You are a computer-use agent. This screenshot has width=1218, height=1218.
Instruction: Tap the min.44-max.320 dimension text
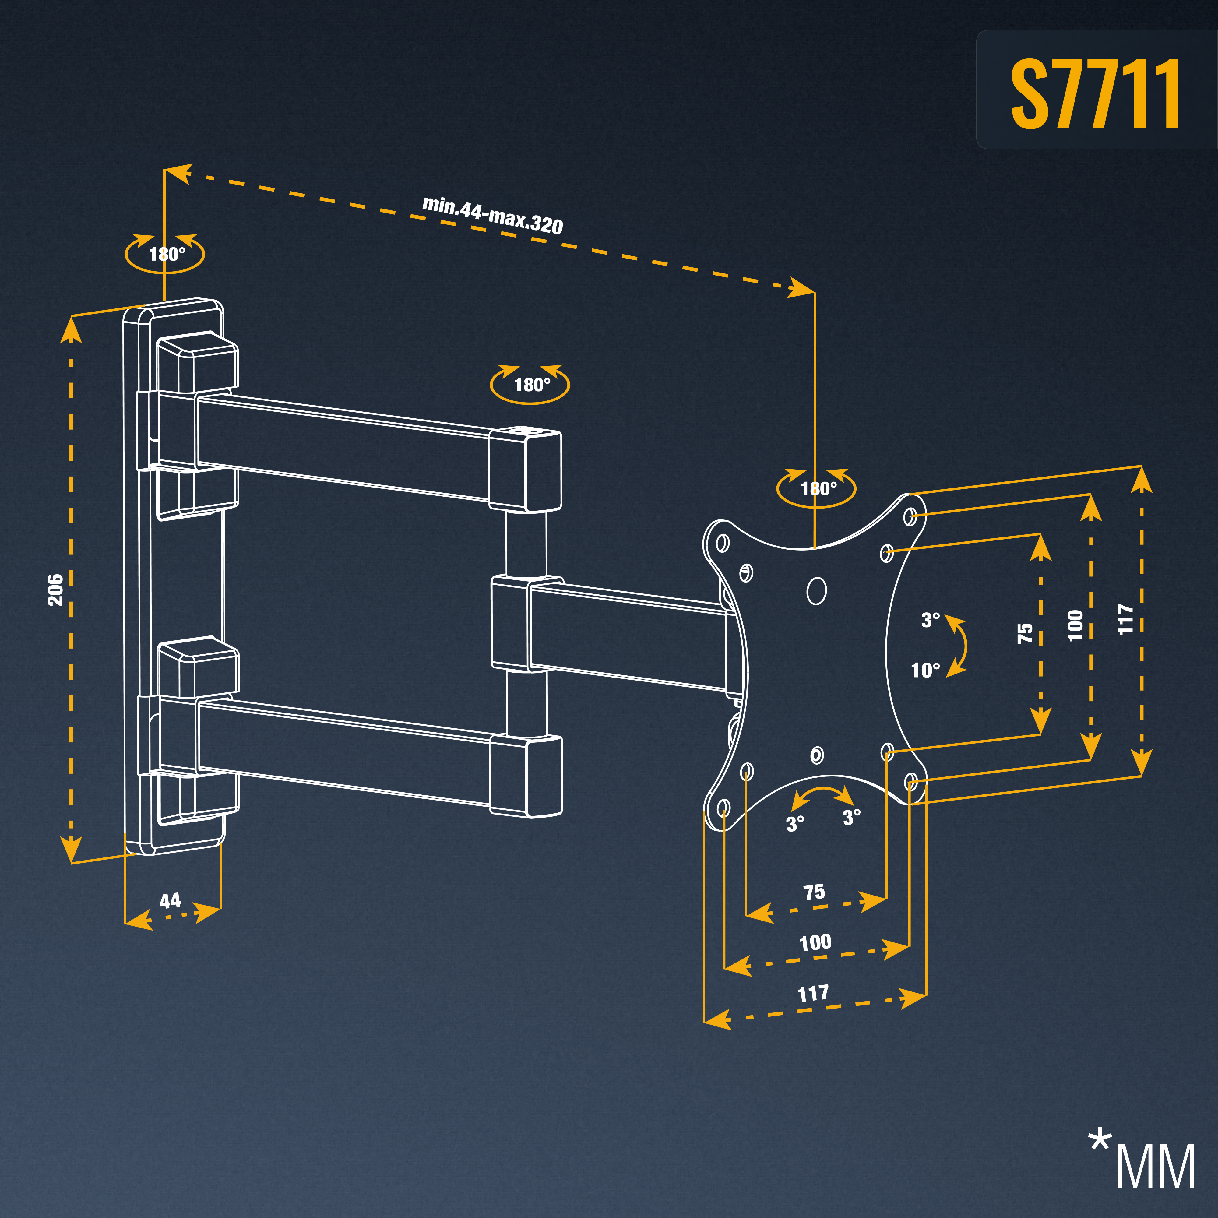[492, 215]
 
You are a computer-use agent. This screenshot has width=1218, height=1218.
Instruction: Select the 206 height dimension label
[55, 590]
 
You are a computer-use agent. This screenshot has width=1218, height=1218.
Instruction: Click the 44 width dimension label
[170, 900]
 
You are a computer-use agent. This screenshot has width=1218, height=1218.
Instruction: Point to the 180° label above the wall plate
[167, 254]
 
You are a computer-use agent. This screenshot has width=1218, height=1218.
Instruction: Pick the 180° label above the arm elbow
[532, 385]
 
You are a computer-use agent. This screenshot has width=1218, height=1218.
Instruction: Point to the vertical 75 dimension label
[1026, 633]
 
